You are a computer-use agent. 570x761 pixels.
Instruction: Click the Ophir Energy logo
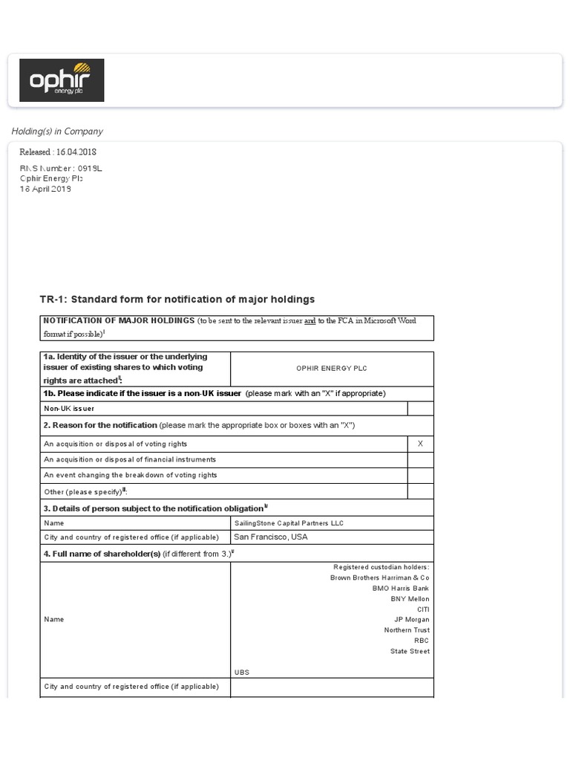pyautogui.click(x=62, y=80)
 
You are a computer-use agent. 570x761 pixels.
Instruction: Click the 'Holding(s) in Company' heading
pyautogui.click(x=57, y=132)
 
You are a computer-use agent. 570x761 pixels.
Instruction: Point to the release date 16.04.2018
pyautogui.click(x=58, y=152)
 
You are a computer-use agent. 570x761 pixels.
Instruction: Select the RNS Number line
pyautogui.click(x=60, y=169)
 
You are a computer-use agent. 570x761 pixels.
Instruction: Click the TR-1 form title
pyautogui.click(x=177, y=299)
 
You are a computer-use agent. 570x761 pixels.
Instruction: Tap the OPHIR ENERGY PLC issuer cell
pyautogui.click(x=332, y=369)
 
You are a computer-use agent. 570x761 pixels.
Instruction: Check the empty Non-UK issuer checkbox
pyautogui.click(x=420, y=409)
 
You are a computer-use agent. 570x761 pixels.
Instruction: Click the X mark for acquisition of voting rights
pyautogui.click(x=420, y=444)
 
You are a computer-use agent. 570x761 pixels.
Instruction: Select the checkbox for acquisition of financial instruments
pyautogui.click(x=420, y=460)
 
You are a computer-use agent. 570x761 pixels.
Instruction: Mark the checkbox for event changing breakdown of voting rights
pyautogui.click(x=420, y=476)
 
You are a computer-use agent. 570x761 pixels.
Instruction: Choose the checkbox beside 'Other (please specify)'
pyautogui.click(x=420, y=492)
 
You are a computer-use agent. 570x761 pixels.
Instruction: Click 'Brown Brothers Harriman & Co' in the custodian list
pyautogui.click(x=379, y=578)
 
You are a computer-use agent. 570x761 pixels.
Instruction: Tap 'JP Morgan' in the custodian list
pyautogui.click(x=411, y=620)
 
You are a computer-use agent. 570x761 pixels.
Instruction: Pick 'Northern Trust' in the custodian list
pyautogui.click(x=406, y=630)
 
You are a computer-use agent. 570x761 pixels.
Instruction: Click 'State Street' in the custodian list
pyautogui.click(x=410, y=652)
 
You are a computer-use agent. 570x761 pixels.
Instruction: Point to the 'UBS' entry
pyautogui.click(x=242, y=673)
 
